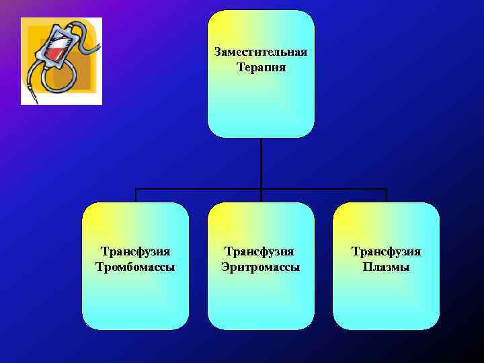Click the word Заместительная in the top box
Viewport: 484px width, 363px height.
tap(261, 52)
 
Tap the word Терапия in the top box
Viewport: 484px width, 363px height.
tap(261, 67)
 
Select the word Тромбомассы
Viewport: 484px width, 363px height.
tap(136, 267)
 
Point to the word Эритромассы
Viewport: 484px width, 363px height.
tap(261, 267)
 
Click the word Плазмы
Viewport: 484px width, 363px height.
tap(386, 267)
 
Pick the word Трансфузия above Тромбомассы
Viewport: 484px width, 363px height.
tap(136, 251)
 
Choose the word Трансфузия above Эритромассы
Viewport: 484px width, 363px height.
tap(261, 251)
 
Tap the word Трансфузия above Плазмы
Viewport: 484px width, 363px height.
tap(386, 251)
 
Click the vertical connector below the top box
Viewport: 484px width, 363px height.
tap(261, 161)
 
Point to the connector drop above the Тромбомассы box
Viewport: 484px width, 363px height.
tap(136, 195)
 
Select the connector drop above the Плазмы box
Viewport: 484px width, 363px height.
tap(387, 195)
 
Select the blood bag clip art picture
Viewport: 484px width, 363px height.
tap(61, 61)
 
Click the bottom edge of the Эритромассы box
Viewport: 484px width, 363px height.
tap(261, 329)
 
